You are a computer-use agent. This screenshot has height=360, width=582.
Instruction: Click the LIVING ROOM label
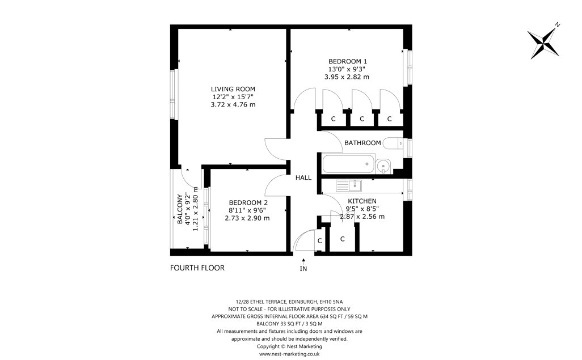(x=233, y=89)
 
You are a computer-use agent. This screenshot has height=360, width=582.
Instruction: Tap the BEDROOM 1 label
(x=348, y=61)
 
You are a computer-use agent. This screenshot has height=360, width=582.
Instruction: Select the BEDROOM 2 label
(x=248, y=202)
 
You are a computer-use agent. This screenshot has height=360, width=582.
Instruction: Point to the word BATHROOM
(x=362, y=143)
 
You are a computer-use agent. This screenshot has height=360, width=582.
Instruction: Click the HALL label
(x=303, y=178)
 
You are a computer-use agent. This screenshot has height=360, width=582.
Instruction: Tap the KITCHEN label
(x=362, y=201)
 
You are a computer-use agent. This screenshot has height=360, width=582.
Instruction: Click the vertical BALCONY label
(x=180, y=209)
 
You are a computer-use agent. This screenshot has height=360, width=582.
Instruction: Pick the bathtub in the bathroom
(x=348, y=164)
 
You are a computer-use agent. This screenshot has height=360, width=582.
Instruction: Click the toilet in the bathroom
(x=393, y=143)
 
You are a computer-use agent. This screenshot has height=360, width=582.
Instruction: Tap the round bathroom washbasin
(x=383, y=166)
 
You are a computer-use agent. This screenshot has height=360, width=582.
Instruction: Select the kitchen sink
(x=349, y=185)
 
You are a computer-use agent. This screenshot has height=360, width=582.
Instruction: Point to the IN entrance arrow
(x=303, y=261)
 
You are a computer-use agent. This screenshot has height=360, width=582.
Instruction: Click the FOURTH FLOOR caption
(x=197, y=268)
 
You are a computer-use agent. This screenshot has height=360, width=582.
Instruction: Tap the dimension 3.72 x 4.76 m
(x=233, y=105)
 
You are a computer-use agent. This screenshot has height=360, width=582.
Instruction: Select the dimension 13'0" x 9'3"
(x=347, y=69)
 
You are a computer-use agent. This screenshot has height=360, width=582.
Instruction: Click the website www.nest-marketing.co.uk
(x=289, y=354)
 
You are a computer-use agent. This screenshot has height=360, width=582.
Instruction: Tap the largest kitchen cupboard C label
(x=342, y=239)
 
